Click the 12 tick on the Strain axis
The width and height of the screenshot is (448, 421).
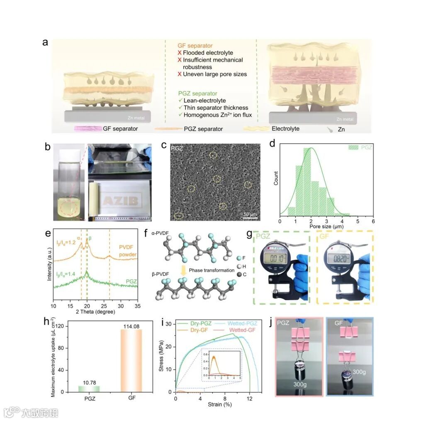[250, 399]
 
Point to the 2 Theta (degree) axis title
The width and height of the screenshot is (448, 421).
[95, 312]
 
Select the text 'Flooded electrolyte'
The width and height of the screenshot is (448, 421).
[208, 53]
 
